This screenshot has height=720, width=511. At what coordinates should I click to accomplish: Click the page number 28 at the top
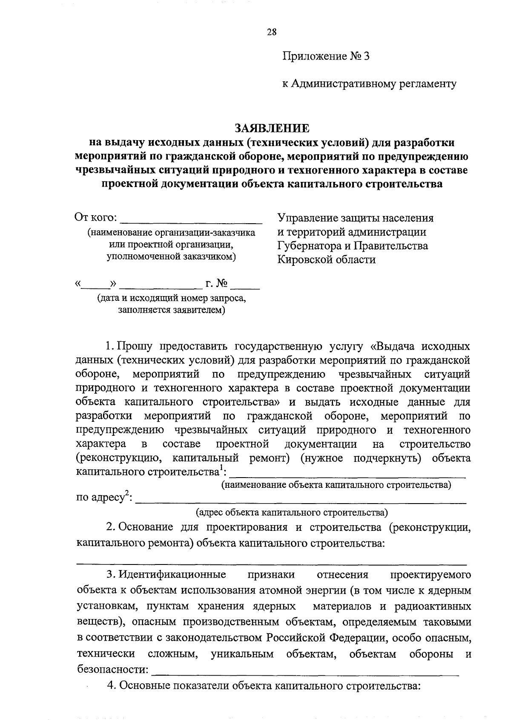click(x=272, y=32)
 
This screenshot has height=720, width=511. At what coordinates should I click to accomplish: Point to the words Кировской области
click(x=327, y=259)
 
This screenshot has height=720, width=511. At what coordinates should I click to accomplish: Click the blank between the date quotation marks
click(x=97, y=285)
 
